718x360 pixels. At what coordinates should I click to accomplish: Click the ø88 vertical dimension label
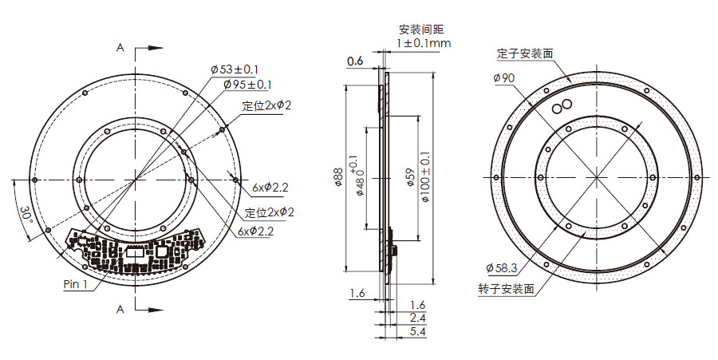(337, 177)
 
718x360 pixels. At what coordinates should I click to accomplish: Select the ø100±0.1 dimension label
(424, 176)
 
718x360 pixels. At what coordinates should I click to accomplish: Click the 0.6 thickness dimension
(355, 61)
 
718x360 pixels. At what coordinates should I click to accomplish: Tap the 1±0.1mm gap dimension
(424, 42)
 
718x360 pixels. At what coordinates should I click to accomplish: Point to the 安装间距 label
(415, 30)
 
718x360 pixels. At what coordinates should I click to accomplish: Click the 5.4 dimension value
(417, 330)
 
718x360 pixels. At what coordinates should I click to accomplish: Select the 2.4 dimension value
(417, 318)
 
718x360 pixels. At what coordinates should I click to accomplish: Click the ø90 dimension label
(504, 77)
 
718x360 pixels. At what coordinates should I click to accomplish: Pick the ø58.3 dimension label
(501, 268)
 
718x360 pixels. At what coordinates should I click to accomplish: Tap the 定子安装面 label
(525, 53)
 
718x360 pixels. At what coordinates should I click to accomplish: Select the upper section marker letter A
(120, 48)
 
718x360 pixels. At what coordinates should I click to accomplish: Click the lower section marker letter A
(120, 308)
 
